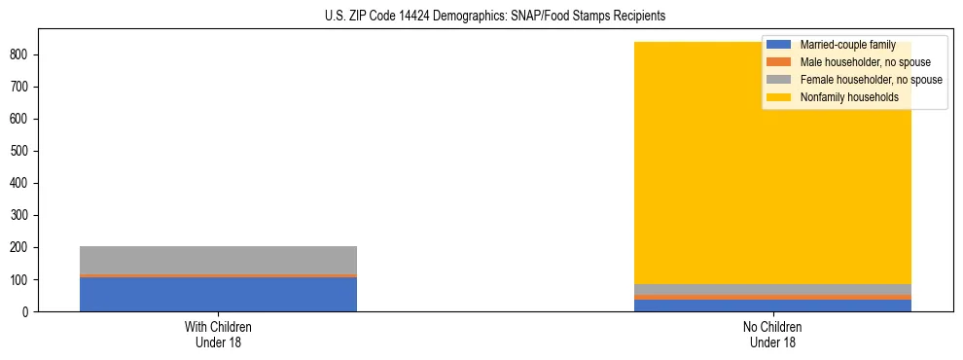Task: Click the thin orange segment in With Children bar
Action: click(x=218, y=275)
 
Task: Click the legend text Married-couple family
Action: click(x=847, y=45)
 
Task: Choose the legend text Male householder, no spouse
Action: click(x=860, y=62)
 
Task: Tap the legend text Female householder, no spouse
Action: click(x=871, y=80)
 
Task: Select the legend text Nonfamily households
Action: click(x=848, y=97)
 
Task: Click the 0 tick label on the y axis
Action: click(x=28, y=311)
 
